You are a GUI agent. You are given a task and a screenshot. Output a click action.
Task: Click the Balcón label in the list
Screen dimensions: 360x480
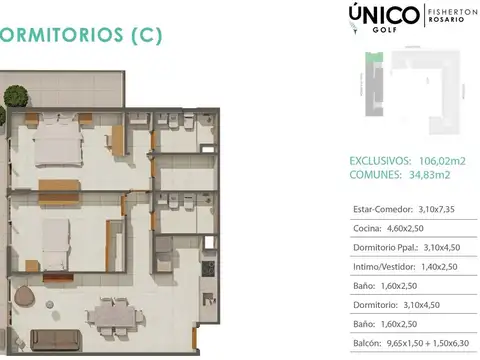368,343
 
